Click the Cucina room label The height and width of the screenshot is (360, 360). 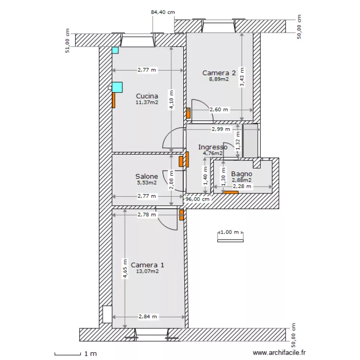pos(147,96)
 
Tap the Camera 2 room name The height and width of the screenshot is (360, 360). pos(219,73)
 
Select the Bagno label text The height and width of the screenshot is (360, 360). pos(241,174)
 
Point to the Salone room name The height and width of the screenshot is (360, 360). pos(146,176)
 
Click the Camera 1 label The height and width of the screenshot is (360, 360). pos(147,265)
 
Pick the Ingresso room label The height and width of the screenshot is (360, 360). pos(213,147)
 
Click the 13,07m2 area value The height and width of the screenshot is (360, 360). pos(147,271)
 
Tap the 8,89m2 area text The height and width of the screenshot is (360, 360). pos(219,79)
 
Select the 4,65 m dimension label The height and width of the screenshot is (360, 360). pos(125,269)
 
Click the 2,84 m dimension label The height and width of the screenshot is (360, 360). pos(148,317)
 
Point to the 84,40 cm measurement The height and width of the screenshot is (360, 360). pos(163,12)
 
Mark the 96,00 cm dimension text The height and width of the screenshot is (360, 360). pos(197,199)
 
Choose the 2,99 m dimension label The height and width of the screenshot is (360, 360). pos(221,129)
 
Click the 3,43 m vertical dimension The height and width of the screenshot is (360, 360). pos(242,77)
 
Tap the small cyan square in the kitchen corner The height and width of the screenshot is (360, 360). pos(115,50)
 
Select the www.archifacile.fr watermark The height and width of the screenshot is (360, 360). pos(279,352)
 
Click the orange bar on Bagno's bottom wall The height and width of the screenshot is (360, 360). pos(231,192)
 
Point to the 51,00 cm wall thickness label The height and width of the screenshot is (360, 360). pos(68,41)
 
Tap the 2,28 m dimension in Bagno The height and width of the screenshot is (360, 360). pos(242,186)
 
